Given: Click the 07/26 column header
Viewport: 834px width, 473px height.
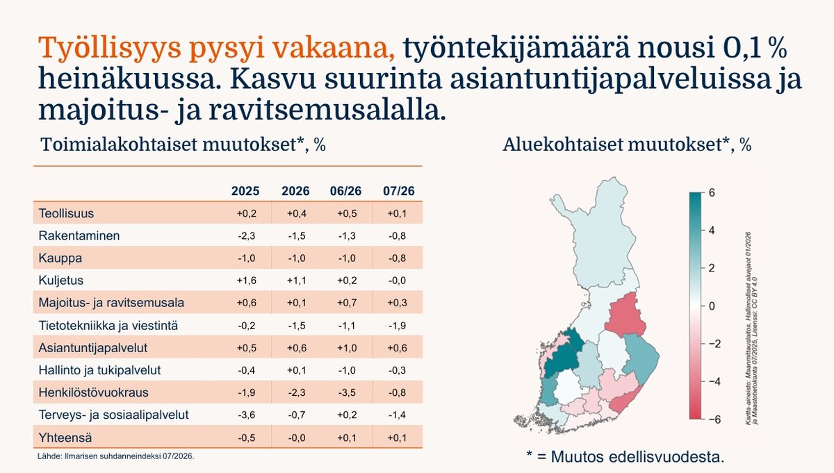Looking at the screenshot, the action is pyautogui.click(x=398, y=191).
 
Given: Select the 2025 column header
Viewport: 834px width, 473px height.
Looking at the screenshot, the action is pyautogui.click(x=245, y=191).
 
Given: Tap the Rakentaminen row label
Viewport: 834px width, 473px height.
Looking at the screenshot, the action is pyautogui.click(x=79, y=235).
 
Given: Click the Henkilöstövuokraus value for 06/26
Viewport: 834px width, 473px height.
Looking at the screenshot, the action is pyautogui.click(x=347, y=392).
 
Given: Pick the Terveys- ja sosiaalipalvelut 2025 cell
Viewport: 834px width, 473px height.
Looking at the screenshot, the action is pyautogui.click(x=247, y=415).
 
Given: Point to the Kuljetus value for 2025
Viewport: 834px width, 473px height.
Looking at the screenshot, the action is pyautogui.click(x=247, y=280).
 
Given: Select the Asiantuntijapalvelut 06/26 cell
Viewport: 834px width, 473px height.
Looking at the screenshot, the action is pyautogui.click(x=347, y=348).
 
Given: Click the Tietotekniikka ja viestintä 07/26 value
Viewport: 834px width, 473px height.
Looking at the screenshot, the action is pyautogui.click(x=397, y=326).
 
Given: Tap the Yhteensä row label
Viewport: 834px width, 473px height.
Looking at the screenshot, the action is pyautogui.click(x=65, y=438).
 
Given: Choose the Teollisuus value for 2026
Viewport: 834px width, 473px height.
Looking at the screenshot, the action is pyautogui.click(x=296, y=214).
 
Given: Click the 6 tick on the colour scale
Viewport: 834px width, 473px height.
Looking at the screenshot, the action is pyautogui.click(x=712, y=193).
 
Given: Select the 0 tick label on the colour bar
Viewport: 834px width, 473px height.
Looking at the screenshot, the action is pyautogui.click(x=712, y=306).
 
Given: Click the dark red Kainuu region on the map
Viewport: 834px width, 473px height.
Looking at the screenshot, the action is pyautogui.click(x=625, y=315).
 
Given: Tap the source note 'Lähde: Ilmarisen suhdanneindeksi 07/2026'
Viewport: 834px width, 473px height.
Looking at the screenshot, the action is pyautogui.click(x=116, y=456).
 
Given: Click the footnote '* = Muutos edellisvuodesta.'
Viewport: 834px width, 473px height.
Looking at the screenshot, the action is pyautogui.click(x=625, y=456).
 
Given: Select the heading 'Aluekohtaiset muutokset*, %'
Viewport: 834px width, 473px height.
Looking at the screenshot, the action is pyautogui.click(x=627, y=144).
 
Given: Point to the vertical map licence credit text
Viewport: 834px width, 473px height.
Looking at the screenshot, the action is pyautogui.click(x=751, y=329).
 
